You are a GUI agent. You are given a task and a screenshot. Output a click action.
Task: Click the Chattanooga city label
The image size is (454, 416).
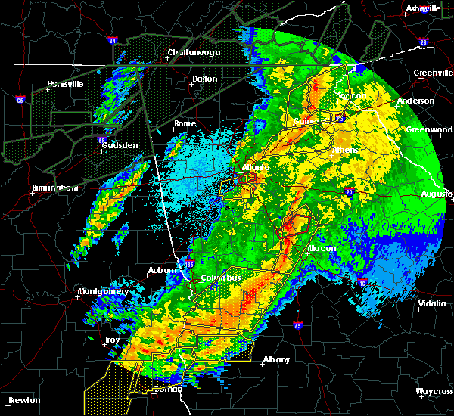click(x=194, y=53)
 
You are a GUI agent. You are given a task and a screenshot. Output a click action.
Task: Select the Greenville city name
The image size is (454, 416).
click(x=432, y=73)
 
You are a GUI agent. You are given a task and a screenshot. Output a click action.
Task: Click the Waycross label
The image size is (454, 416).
click(x=434, y=391)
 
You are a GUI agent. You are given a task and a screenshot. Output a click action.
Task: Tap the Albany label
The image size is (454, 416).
click(x=276, y=360)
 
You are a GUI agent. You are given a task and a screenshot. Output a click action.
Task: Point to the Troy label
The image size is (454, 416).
click(x=112, y=340)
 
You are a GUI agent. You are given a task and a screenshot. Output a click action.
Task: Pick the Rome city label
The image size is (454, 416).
click(x=185, y=124)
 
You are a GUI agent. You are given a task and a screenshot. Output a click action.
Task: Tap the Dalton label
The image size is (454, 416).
click(x=204, y=79)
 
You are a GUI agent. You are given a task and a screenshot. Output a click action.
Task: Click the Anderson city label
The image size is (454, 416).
click(x=415, y=101)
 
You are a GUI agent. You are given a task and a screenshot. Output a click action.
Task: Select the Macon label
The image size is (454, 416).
click(x=322, y=248)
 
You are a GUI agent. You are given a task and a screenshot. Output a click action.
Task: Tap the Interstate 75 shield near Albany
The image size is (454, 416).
click(x=297, y=326)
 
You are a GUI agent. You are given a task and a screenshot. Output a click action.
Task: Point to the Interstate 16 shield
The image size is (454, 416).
click(x=362, y=281)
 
